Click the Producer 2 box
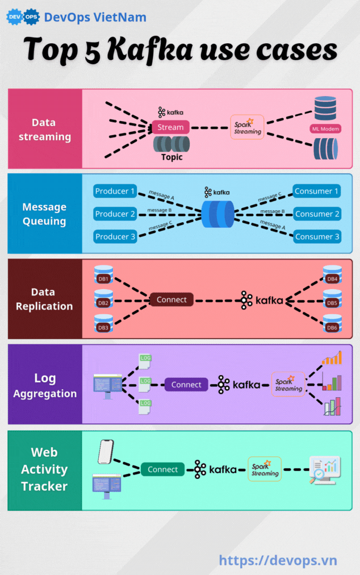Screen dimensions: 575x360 (x=115, y=214)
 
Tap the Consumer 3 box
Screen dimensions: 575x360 (x=317, y=237)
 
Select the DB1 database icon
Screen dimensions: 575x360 (x=103, y=276)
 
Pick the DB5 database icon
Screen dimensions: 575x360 (x=332, y=299)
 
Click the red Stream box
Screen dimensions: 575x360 (x=170, y=127)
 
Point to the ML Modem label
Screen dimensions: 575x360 (x=325, y=129)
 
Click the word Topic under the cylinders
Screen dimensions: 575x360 (x=171, y=157)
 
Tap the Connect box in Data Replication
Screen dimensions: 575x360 (x=171, y=299)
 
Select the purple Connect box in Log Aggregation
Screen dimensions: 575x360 (x=186, y=385)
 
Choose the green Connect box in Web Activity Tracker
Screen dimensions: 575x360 (x=163, y=469)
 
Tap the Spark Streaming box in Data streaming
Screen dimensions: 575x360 (x=248, y=127)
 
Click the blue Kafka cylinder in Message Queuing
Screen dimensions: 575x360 (x=217, y=214)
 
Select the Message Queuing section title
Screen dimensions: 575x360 (x=44, y=214)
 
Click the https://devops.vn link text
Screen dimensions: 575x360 (x=278, y=560)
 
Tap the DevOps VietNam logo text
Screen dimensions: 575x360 (x=95, y=17)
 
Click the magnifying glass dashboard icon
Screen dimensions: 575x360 (x=324, y=470)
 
